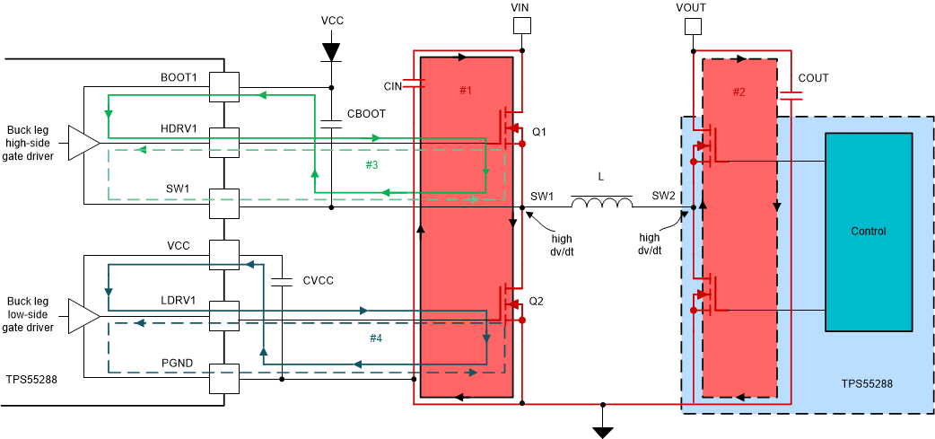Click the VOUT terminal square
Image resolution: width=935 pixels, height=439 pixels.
tap(691, 27)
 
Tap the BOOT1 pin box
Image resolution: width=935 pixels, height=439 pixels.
tap(224, 87)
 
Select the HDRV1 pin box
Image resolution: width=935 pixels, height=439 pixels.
tap(224, 142)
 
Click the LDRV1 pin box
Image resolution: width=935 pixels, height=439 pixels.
tap(224, 314)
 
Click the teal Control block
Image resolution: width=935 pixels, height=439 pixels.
tap(869, 232)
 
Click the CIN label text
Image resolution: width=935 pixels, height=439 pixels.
tap(393, 86)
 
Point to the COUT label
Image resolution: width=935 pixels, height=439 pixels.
tap(813, 78)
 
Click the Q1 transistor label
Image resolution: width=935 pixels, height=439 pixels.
tap(538, 132)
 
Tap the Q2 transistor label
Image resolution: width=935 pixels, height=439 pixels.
tap(538, 301)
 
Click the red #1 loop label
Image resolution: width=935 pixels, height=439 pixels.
tap(465, 91)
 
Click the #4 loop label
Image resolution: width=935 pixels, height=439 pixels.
tap(376, 338)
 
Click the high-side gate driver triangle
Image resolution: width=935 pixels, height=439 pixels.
tap(83, 142)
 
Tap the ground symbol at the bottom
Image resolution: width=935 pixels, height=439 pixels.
tap(603, 432)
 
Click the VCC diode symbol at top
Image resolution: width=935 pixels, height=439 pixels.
tap(332, 51)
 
